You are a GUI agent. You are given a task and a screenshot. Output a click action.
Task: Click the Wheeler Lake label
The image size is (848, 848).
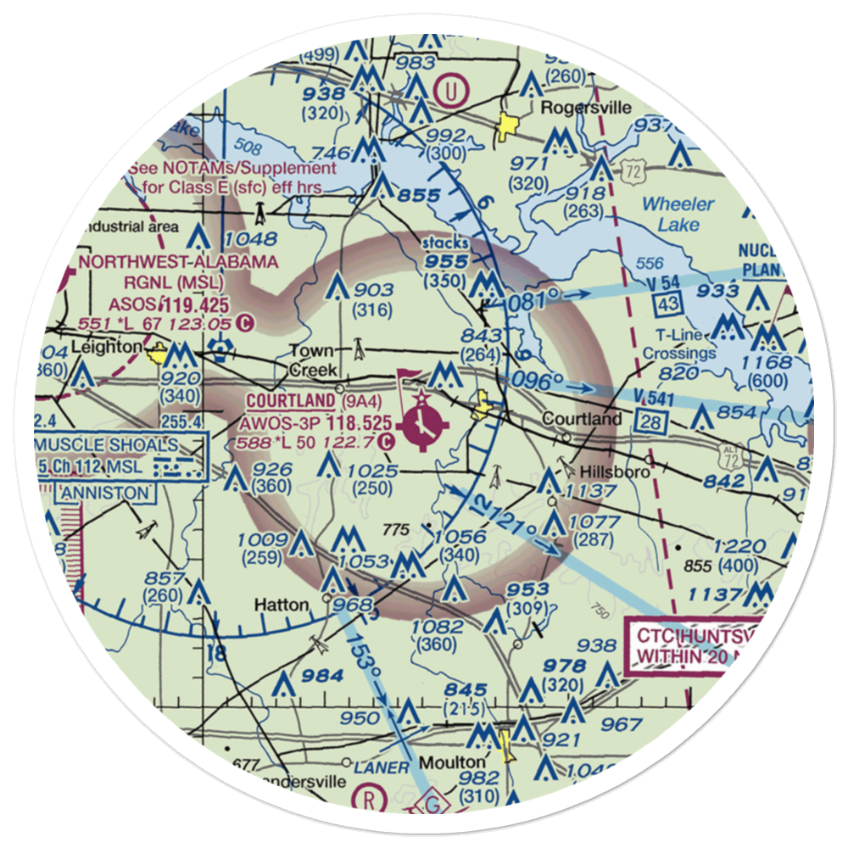point(678,214)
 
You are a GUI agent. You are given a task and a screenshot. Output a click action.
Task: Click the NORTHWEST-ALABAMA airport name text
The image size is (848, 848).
point(178,262)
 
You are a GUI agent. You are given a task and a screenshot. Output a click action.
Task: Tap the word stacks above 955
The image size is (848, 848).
point(446,244)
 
